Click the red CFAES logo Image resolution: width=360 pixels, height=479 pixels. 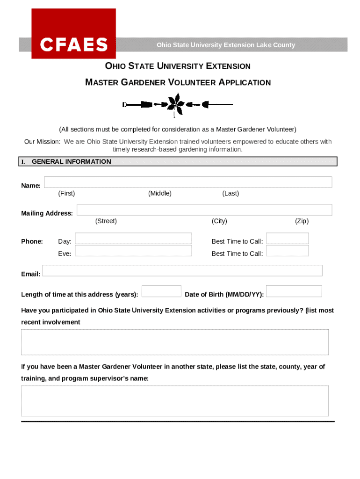(x=73, y=34)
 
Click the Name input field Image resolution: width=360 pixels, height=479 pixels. (x=188, y=182)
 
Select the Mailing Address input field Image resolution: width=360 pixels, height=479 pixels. (x=204, y=210)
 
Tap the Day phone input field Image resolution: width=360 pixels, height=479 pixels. (x=133, y=239)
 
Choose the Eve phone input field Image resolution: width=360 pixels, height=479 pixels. (x=133, y=251)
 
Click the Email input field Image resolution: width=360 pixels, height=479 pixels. (x=182, y=270)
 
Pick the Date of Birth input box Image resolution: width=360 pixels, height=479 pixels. (x=294, y=291)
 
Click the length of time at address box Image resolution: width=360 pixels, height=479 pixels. (x=161, y=291)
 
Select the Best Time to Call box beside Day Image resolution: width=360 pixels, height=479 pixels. (x=287, y=239)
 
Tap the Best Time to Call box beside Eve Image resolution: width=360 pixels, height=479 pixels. (x=287, y=251)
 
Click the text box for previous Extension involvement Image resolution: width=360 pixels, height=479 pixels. (x=175, y=342)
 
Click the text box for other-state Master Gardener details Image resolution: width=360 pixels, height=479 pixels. (x=175, y=401)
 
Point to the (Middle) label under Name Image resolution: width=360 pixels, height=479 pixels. (x=160, y=194)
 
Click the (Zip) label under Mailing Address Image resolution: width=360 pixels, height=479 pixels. (x=302, y=221)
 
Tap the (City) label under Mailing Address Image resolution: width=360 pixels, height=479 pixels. (x=219, y=221)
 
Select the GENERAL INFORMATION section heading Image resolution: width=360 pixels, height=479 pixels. (x=72, y=162)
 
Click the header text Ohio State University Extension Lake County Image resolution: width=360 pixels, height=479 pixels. (x=226, y=45)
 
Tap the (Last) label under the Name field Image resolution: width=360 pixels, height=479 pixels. (x=230, y=194)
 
